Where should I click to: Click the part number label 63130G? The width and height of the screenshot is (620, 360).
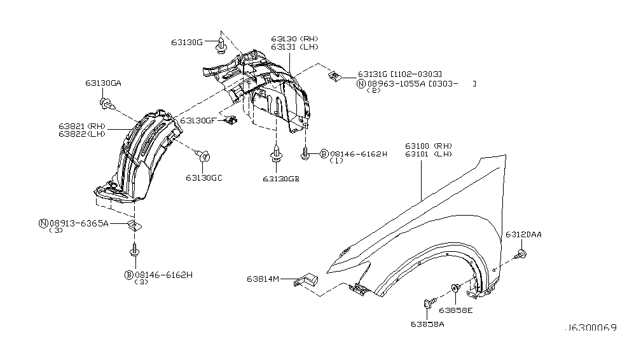[x=186, y=42]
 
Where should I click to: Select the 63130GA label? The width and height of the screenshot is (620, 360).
[x=103, y=83]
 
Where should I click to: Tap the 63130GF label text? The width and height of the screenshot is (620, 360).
[x=200, y=120]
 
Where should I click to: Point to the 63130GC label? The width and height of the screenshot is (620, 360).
[x=204, y=177]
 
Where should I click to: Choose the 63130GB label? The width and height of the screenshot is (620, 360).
[x=280, y=179]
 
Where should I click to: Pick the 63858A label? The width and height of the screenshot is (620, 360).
[x=427, y=324]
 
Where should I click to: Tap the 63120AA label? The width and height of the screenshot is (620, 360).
[x=523, y=235]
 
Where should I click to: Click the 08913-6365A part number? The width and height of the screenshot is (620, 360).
[x=79, y=223]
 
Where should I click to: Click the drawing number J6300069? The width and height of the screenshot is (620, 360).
[x=590, y=330]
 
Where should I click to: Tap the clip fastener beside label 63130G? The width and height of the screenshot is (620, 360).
[x=220, y=45]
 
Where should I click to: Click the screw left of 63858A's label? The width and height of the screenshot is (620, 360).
[x=427, y=304]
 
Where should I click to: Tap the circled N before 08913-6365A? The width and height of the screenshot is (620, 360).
[x=43, y=223]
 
